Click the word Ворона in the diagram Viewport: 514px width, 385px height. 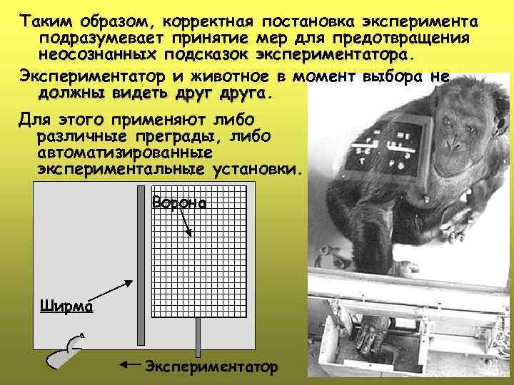point(179,203)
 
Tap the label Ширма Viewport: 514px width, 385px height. point(66,306)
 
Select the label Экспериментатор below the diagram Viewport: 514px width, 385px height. point(211,367)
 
